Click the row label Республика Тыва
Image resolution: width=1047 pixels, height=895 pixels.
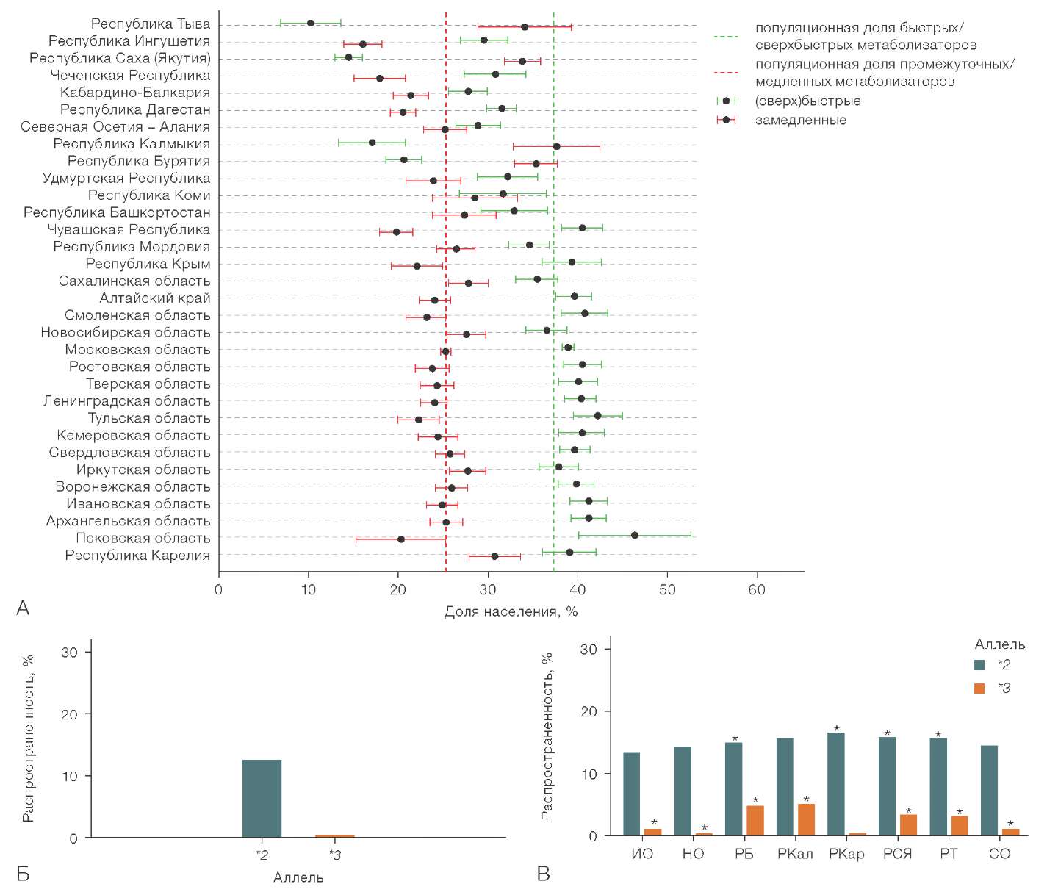(x=150, y=24)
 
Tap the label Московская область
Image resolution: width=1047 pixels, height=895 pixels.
(x=137, y=350)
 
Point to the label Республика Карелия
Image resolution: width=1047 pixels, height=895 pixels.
(x=137, y=555)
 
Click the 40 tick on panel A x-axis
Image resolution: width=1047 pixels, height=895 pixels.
(x=578, y=589)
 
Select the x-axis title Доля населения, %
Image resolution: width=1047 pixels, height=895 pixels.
(x=511, y=611)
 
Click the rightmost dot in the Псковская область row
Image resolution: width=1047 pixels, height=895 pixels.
(x=635, y=535)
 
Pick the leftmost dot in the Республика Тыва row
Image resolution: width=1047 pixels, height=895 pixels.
(x=310, y=24)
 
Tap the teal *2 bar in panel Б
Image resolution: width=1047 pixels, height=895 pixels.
(x=262, y=799)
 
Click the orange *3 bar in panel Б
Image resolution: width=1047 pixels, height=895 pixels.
(x=334, y=835)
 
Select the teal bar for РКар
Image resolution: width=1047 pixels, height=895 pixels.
(x=836, y=784)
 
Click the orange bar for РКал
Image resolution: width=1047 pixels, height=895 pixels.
(x=806, y=819)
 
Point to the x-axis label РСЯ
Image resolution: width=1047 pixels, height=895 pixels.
(x=897, y=854)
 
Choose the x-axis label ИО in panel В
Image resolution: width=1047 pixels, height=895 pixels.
(x=642, y=854)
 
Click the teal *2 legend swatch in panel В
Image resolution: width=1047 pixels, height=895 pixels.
(x=979, y=665)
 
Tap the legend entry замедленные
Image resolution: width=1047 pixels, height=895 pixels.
(x=801, y=120)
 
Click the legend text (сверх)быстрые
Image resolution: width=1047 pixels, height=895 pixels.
(x=807, y=101)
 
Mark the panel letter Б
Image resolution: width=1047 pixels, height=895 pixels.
(x=23, y=874)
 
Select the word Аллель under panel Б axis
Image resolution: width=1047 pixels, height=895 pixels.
(x=298, y=877)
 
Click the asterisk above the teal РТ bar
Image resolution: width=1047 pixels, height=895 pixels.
(x=938, y=735)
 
